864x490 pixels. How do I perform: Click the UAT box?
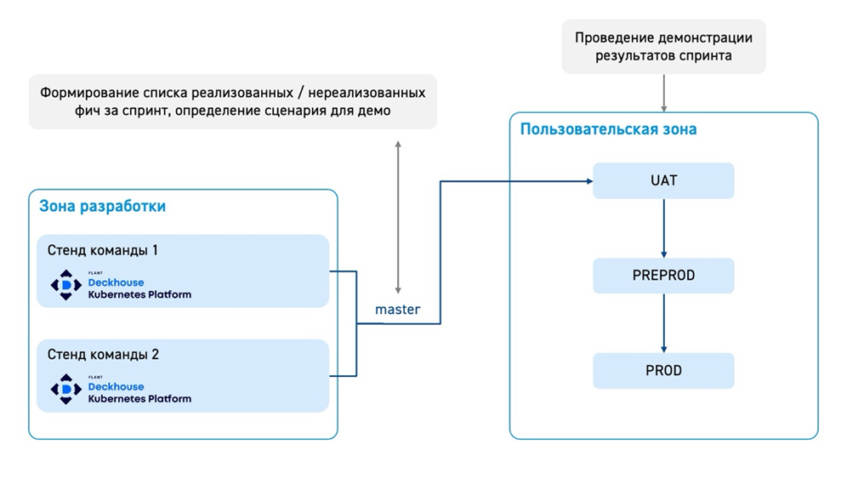pyautogui.click(x=663, y=181)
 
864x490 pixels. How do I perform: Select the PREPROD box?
pyautogui.click(x=663, y=276)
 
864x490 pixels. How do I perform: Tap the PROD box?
pyautogui.click(x=663, y=371)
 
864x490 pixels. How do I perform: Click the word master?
pyautogui.click(x=397, y=310)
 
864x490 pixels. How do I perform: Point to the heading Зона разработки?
pyautogui.click(x=102, y=206)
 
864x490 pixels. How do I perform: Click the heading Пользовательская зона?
pyautogui.click(x=608, y=129)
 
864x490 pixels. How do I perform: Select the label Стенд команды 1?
pyautogui.click(x=102, y=250)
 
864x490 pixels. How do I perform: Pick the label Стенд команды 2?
pyautogui.click(x=102, y=355)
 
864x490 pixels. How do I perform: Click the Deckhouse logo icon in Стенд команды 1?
pyautogui.click(x=66, y=285)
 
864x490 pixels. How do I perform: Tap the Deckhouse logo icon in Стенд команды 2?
pyautogui.click(x=66, y=389)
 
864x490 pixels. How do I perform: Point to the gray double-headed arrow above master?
pyautogui.click(x=397, y=217)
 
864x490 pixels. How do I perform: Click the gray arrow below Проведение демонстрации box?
pyautogui.click(x=663, y=93)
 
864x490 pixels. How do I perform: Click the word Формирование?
pyautogui.click(x=89, y=92)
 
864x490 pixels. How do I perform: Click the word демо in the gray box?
pyautogui.click(x=374, y=111)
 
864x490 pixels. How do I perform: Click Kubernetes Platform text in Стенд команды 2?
pyautogui.click(x=139, y=398)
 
